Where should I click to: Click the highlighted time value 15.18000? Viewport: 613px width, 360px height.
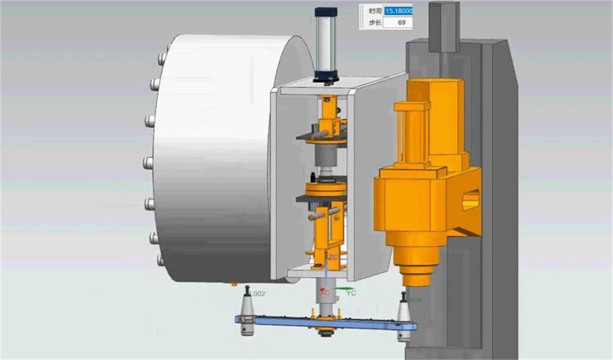point(398,11)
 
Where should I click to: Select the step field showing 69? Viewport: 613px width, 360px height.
point(398,22)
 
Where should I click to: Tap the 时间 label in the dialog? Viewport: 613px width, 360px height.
point(374,11)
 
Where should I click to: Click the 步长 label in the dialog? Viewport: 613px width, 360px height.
point(374,22)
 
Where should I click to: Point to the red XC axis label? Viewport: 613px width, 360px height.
point(324,291)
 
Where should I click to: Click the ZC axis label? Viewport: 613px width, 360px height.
point(333,257)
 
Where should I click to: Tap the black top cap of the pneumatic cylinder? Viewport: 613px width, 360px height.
point(326,12)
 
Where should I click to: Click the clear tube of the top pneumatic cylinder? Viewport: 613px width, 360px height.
point(326,43)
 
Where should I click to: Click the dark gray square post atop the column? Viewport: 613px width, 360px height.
point(444,26)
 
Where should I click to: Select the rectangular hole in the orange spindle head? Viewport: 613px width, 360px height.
point(471,200)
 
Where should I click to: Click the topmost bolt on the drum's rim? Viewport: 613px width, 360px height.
point(162,58)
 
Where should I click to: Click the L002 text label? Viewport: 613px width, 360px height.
point(256,294)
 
